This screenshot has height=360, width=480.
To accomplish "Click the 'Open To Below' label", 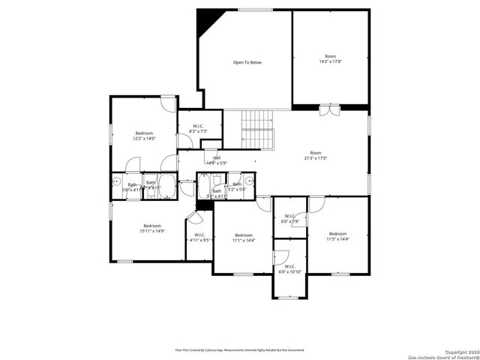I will [x=247, y=62].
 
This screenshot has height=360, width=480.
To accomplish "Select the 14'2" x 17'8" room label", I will [x=330, y=58].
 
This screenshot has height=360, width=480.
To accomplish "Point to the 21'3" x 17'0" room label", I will [x=316, y=155].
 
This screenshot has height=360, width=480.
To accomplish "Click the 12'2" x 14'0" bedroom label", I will [x=144, y=136].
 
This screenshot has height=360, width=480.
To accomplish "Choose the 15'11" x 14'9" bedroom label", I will [x=152, y=229].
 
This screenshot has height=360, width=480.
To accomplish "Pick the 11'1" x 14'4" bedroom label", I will [x=244, y=238].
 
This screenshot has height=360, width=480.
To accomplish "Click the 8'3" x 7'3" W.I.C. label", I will [x=199, y=129].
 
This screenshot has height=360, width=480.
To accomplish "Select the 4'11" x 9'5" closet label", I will [x=199, y=238].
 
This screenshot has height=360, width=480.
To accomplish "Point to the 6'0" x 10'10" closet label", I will [x=290, y=268].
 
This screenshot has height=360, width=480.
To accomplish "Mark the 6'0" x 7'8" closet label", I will [x=290, y=219].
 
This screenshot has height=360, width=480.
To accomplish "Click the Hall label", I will [x=216, y=160].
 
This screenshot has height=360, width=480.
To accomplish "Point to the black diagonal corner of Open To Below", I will [x=204, y=22].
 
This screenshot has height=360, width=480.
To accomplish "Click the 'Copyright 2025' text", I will [x=459, y=351].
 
